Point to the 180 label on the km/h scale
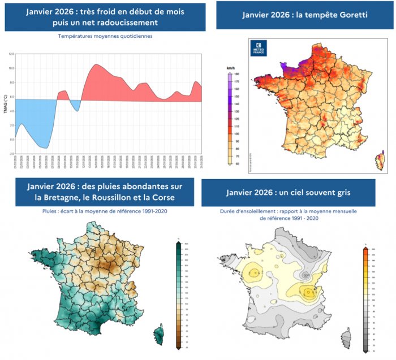239,74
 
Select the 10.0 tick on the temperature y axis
11,68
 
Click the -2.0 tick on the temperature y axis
11,153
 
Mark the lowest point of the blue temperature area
46,148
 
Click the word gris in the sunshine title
340,192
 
